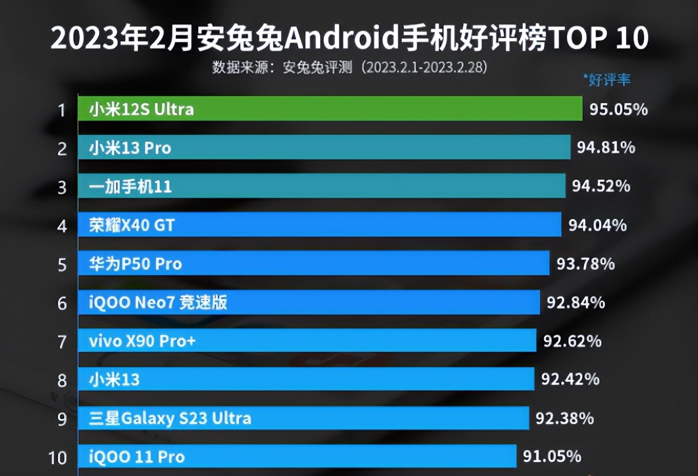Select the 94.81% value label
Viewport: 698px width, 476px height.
(606, 147)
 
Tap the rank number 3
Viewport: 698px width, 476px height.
(62, 187)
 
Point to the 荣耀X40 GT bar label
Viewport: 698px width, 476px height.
(132, 225)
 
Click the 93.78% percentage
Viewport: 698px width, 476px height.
(585, 264)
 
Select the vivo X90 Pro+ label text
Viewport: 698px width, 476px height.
(142, 341)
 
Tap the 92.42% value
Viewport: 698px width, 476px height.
(570, 379)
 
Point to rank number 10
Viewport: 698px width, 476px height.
(58, 458)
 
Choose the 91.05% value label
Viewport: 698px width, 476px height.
(552, 456)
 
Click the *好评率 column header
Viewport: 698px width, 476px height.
(607, 80)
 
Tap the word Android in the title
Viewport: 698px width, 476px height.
(341, 38)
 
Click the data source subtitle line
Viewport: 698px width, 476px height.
(350, 67)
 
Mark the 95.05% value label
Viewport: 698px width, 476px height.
(618, 109)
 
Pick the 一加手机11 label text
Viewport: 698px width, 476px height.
(130, 187)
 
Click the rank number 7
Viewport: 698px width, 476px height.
(62, 342)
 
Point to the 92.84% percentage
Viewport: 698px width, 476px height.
(575, 302)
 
